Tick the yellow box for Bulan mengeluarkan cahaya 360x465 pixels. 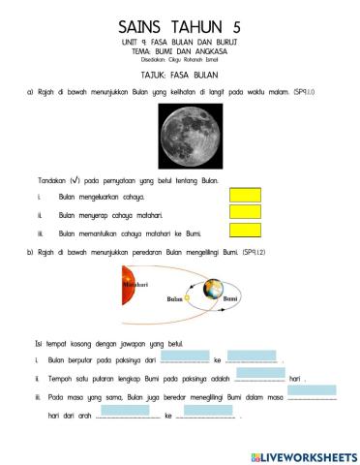(x=246, y=194)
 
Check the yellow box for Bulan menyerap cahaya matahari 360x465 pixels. (x=246, y=212)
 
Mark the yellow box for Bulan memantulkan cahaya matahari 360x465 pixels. (x=246, y=231)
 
